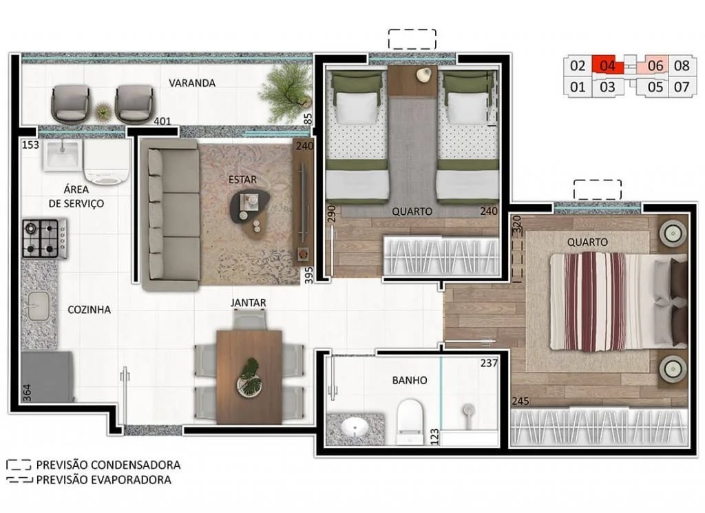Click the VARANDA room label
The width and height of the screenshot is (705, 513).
point(192,83)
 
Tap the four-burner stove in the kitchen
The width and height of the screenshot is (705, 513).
point(44,238)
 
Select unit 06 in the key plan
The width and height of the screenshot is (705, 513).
point(655,66)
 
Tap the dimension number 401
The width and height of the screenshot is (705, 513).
point(162,121)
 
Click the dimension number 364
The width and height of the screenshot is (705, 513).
point(27,393)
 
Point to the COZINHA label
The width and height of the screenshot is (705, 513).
point(89,310)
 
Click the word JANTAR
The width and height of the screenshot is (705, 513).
point(249,302)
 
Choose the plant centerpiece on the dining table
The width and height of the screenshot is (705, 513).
point(249,376)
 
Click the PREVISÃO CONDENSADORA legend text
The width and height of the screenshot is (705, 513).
point(108,465)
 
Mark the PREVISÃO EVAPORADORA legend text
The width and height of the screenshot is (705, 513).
point(103,480)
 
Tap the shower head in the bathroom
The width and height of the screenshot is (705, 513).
point(469,412)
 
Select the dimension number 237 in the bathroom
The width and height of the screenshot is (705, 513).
point(489,363)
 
